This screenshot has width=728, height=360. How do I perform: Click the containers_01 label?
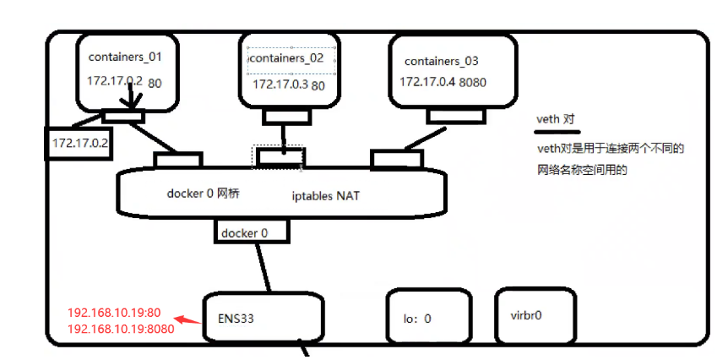124,57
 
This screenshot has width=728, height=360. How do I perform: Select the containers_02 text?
289,59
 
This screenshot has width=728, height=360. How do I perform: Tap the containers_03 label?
441,61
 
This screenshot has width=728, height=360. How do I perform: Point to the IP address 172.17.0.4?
427,82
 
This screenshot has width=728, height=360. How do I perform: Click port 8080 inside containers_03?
474,82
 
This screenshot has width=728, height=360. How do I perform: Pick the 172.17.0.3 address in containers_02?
280,84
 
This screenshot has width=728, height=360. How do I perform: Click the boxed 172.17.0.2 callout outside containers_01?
80,143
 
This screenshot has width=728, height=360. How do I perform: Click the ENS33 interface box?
263,319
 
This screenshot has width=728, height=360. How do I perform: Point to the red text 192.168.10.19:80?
114,313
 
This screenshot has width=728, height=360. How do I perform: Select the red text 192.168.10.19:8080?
121,329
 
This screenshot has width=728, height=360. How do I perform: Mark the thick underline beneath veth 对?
558,131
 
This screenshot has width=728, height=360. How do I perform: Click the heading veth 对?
555,119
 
